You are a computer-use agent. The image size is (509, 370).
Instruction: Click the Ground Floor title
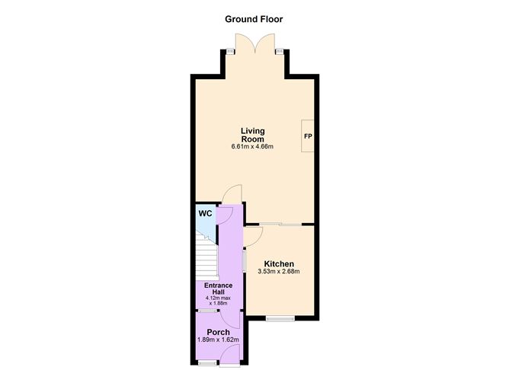coord(254,18)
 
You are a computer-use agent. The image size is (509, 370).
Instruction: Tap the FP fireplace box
coord(308,136)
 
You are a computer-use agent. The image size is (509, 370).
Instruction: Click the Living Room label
coord(253,135)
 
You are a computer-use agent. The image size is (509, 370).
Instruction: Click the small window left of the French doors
coord(231,51)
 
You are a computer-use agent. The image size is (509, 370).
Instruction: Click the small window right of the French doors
coord(280,51)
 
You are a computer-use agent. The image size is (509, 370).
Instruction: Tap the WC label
coord(205,214)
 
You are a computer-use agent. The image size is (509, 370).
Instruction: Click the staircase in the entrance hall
coord(206,257)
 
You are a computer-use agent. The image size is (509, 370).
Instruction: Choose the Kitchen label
coord(279,263)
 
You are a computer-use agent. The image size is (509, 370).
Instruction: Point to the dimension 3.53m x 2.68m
coord(279,272)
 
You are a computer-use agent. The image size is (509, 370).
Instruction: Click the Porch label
coord(218,332)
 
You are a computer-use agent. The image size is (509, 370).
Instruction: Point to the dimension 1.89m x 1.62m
coord(218,340)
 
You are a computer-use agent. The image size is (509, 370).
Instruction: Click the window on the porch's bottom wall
coord(206,363)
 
